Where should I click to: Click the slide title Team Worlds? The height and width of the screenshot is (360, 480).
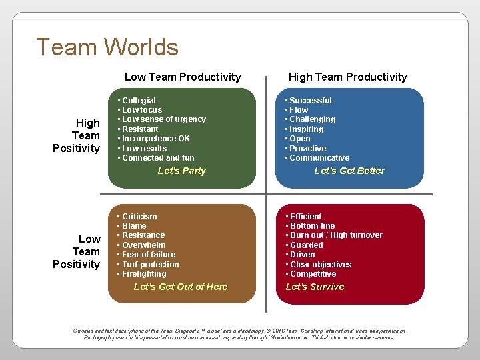pyautogui.click(x=107, y=47)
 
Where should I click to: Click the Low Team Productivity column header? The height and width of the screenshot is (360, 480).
pyautogui.click(x=183, y=77)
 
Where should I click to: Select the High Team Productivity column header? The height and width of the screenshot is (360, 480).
pyautogui.click(x=347, y=77)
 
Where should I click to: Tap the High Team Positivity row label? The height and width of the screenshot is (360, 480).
pyautogui.click(x=77, y=135)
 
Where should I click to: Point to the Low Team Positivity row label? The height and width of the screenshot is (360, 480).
pyautogui.click(x=77, y=251)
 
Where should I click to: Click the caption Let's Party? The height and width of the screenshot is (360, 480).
pyautogui.click(x=182, y=171)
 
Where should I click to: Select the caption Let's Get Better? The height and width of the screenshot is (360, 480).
pyautogui.click(x=349, y=171)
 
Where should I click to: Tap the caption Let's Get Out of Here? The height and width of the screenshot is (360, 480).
pyautogui.click(x=181, y=287)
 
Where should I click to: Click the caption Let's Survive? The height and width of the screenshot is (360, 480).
pyautogui.click(x=315, y=287)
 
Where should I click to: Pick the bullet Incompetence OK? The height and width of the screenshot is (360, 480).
pyautogui.click(x=156, y=139)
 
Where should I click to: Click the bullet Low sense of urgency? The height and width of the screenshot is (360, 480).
pyautogui.click(x=164, y=119)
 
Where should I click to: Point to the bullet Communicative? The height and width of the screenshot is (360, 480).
pyautogui.click(x=319, y=158)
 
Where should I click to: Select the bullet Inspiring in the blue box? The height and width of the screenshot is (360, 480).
pyautogui.click(x=307, y=129)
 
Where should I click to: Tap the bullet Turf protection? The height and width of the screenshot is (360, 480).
pyautogui.click(x=151, y=264)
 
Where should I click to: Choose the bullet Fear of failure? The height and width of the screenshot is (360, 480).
pyautogui.click(x=149, y=255)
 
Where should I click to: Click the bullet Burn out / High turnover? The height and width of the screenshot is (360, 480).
pyautogui.click(x=336, y=235)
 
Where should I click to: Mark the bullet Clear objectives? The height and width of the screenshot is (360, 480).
pyautogui.click(x=321, y=264)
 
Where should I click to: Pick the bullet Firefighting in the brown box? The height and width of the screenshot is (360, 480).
pyautogui.click(x=144, y=274)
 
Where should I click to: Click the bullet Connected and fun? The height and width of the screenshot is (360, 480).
pyautogui.click(x=158, y=158)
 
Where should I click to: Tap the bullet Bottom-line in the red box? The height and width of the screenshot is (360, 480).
pyautogui.click(x=312, y=226)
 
